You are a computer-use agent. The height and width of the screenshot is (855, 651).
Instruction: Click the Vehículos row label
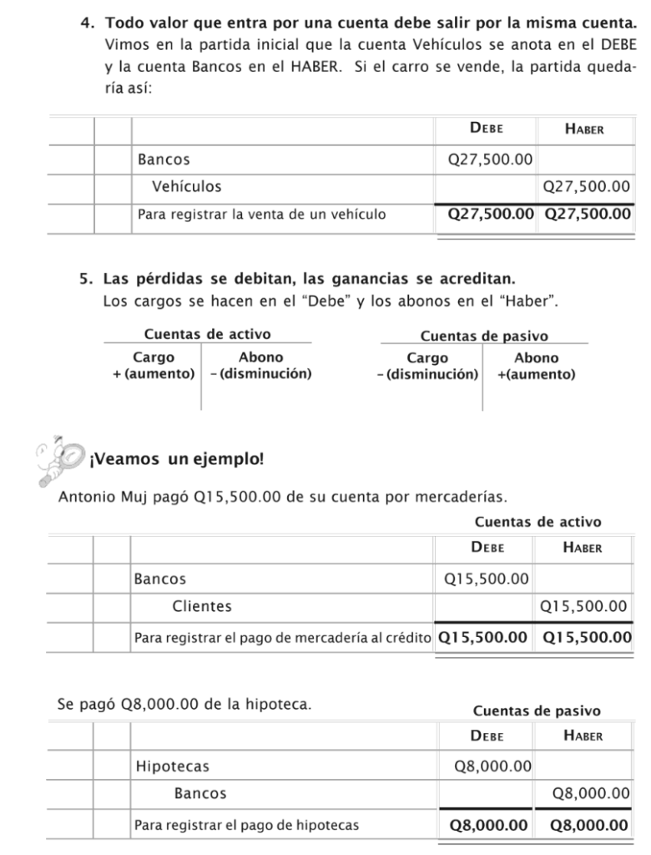point(187,186)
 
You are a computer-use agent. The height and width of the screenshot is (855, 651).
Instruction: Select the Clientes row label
point(202,606)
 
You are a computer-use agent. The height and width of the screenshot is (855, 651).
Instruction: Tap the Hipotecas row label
point(173,766)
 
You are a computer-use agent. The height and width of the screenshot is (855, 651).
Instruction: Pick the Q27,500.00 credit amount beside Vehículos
point(585,186)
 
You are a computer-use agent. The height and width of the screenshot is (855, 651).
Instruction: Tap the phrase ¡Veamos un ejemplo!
point(175,459)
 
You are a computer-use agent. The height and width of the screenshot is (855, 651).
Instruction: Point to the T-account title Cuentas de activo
point(208,334)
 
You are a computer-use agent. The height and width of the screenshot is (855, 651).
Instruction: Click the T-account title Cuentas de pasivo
point(484,336)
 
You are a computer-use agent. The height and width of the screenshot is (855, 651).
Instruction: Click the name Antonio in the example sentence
point(87,498)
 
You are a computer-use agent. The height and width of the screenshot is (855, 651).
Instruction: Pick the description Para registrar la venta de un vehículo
point(261,215)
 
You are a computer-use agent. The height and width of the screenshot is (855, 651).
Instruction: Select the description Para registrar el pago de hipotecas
point(247,826)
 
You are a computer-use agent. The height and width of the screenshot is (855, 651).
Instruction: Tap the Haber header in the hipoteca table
point(583,736)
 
